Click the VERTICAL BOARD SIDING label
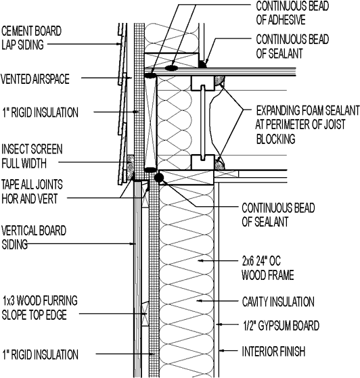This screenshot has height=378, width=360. pyautogui.click(x=34, y=238)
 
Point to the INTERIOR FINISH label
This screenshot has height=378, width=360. pyautogui.click(x=273, y=352)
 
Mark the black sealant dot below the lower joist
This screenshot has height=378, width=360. pyautogui.click(x=160, y=178)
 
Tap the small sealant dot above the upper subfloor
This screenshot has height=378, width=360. pyautogui.click(x=202, y=64)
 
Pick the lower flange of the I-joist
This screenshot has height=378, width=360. pyautogui.click(x=200, y=162)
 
